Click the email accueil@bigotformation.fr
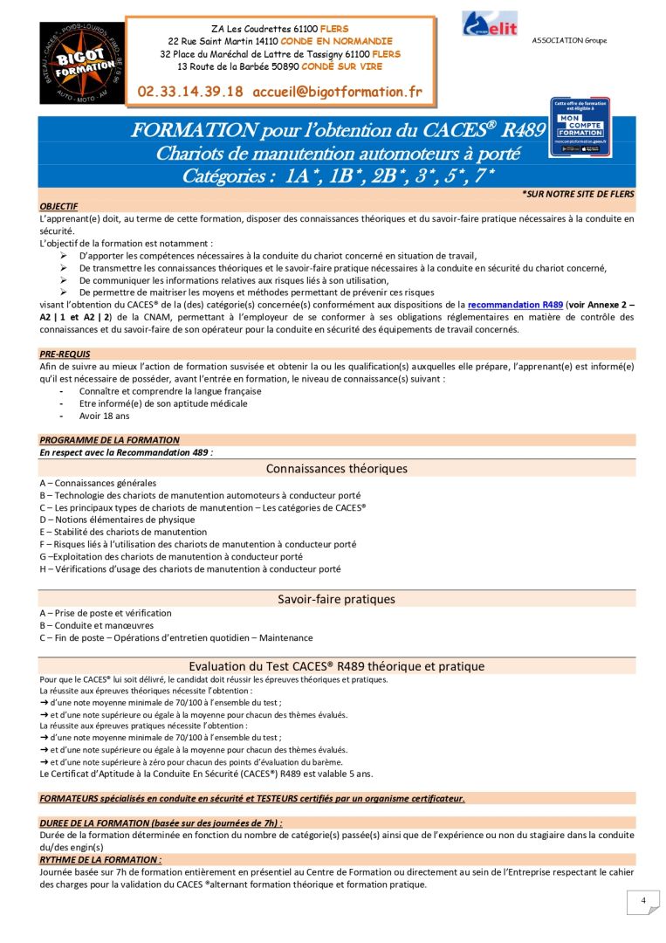337,91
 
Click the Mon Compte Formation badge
580,127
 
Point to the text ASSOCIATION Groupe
569,41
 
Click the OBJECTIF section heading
58,206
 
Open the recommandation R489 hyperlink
515,305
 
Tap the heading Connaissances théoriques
336,469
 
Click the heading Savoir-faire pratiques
336,600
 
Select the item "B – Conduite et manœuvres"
96,625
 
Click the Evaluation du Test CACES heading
336,666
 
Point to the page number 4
642,901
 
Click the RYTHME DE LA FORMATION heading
100,860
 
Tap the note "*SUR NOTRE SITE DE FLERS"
578,194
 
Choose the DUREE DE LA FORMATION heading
161,823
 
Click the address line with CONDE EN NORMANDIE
279,41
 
